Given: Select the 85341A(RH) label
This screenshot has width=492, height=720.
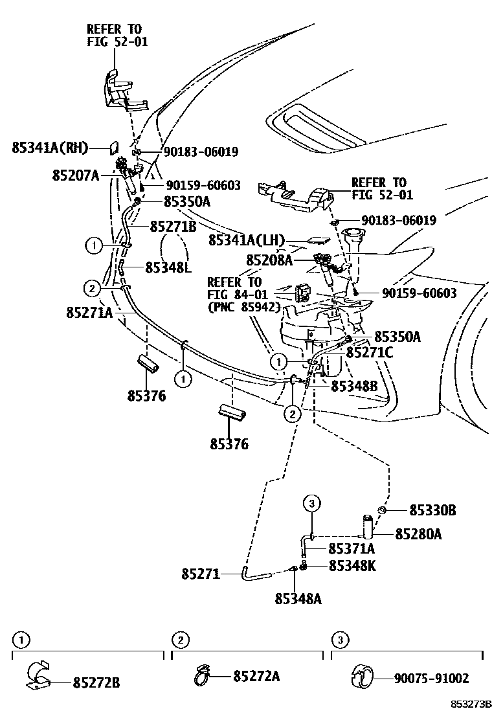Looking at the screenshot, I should (50, 148).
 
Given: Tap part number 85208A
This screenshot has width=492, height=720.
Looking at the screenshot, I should (269, 260).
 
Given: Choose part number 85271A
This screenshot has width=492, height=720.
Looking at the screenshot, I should (89, 313).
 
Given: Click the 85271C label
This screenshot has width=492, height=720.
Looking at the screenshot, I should (370, 352).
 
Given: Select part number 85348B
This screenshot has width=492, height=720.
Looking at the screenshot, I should (354, 386).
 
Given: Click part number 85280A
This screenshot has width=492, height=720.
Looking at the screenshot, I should (419, 534).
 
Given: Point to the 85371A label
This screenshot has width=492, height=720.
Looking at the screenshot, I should (352, 549).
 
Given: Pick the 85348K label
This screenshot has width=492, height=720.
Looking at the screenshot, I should (352, 566).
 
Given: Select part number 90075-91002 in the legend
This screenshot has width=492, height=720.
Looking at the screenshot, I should (431, 679).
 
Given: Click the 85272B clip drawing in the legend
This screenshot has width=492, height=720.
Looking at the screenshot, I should (40, 676).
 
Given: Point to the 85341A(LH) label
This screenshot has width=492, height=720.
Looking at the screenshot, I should (247, 240).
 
